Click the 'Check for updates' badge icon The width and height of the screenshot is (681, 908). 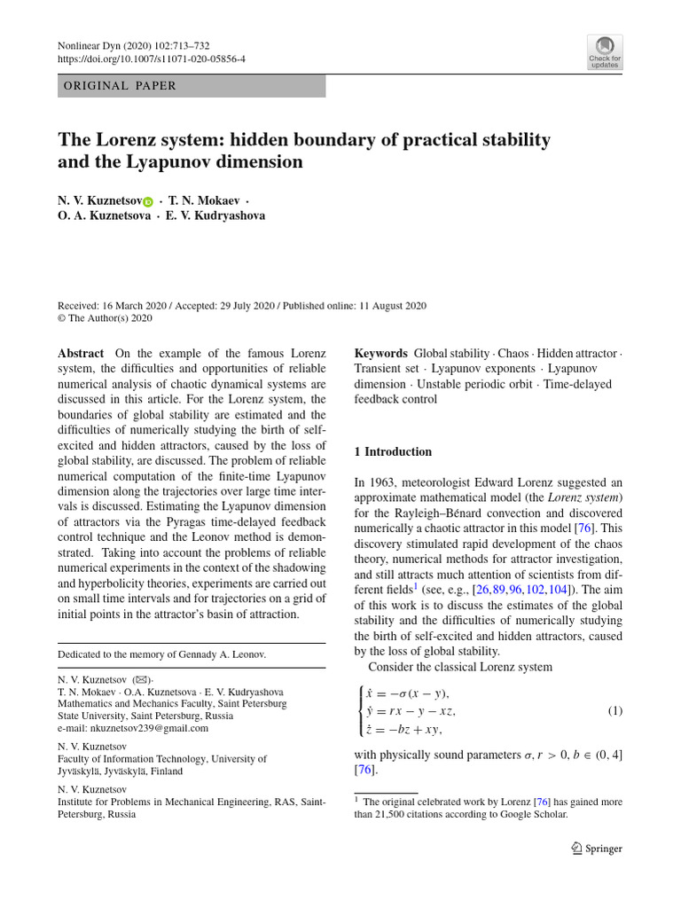(605, 51)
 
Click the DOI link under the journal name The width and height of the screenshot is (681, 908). (152, 59)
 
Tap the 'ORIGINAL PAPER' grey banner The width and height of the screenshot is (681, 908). (192, 86)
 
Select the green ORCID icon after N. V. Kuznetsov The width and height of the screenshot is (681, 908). (148, 202)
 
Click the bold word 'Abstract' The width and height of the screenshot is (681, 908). (81, 352)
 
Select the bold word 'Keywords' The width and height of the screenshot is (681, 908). (380, 352)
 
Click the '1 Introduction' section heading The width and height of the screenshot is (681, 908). (393, 451)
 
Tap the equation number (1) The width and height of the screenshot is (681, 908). (614, 711)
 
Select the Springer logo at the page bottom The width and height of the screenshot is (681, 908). (598, 848)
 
